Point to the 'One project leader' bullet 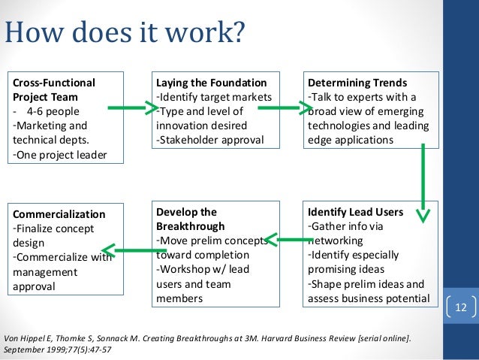(59, 155)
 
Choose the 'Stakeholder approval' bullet (209, 140)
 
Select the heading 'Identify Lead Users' (355, 212)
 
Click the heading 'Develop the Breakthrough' (187, 219)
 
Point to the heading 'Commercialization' (59, 214)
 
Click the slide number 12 (459, 307)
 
